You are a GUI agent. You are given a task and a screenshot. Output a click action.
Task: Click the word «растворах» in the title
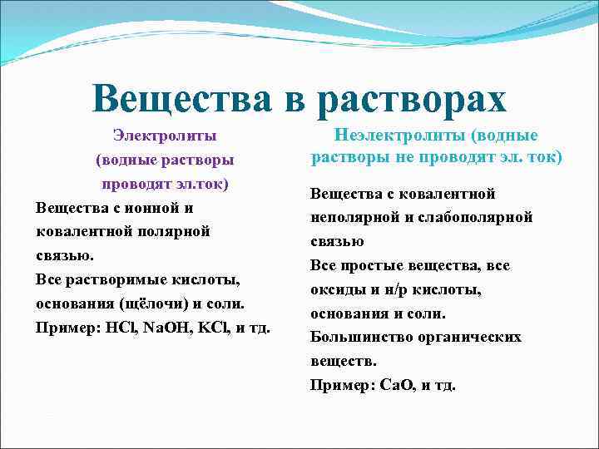click(411, 99)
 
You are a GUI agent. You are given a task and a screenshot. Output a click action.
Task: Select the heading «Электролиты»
click(165, 135)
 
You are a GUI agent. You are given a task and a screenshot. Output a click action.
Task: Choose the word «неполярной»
click(349, 218)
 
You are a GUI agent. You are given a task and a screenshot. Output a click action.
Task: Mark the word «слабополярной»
click(473, 218)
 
